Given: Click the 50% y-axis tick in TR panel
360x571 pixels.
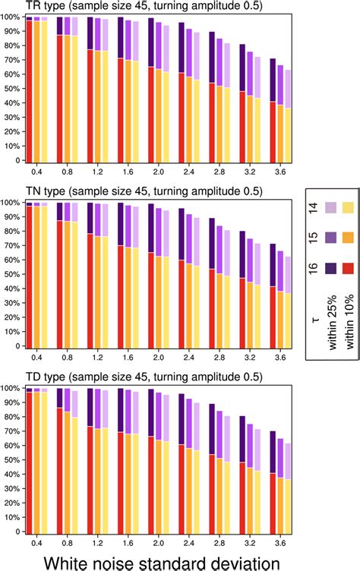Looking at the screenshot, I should [x=11, y=89].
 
